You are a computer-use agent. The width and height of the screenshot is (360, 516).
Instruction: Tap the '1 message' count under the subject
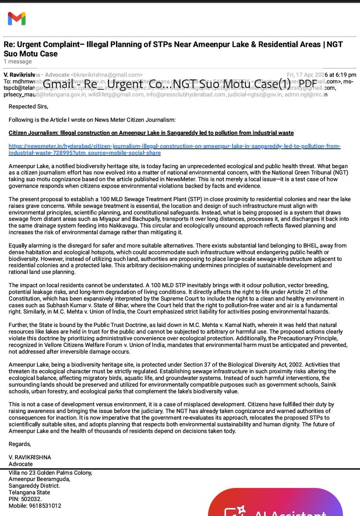coord(18,62)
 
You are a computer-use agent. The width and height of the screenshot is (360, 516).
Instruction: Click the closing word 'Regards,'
coord(20,444)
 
